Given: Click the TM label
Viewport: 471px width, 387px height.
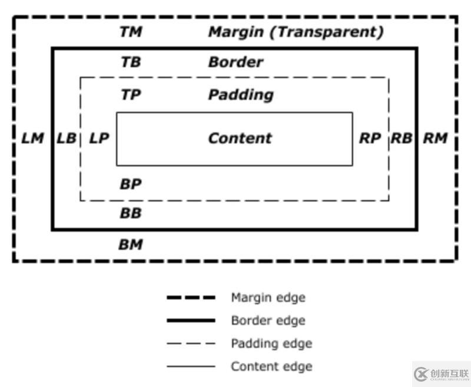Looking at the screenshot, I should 131,32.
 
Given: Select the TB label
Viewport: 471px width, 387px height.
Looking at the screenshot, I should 131,62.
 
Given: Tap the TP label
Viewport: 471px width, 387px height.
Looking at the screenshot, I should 131,94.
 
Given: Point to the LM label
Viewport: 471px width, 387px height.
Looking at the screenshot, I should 32,138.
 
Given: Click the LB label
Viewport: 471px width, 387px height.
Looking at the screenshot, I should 67,138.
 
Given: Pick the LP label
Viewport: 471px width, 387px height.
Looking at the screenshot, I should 99,138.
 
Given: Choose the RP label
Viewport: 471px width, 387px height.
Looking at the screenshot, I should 370,138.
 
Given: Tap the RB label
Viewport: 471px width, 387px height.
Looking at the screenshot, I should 402,138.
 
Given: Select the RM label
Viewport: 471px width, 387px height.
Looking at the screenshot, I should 436,138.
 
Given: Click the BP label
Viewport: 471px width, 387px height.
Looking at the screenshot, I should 131,184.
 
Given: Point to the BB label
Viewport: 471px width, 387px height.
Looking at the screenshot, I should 131,213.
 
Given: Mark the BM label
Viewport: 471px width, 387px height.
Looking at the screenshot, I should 131,244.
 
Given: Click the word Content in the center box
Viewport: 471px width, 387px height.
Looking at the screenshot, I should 240,138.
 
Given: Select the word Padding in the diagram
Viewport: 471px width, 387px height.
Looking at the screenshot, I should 241,94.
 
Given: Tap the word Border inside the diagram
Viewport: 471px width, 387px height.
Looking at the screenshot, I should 235,62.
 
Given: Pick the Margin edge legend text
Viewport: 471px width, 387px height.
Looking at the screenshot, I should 268,297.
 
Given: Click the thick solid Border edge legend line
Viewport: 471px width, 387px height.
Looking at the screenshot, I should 191,320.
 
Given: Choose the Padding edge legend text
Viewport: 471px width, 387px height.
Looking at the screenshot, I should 271,343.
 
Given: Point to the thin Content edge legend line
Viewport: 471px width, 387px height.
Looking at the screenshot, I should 191,366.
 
